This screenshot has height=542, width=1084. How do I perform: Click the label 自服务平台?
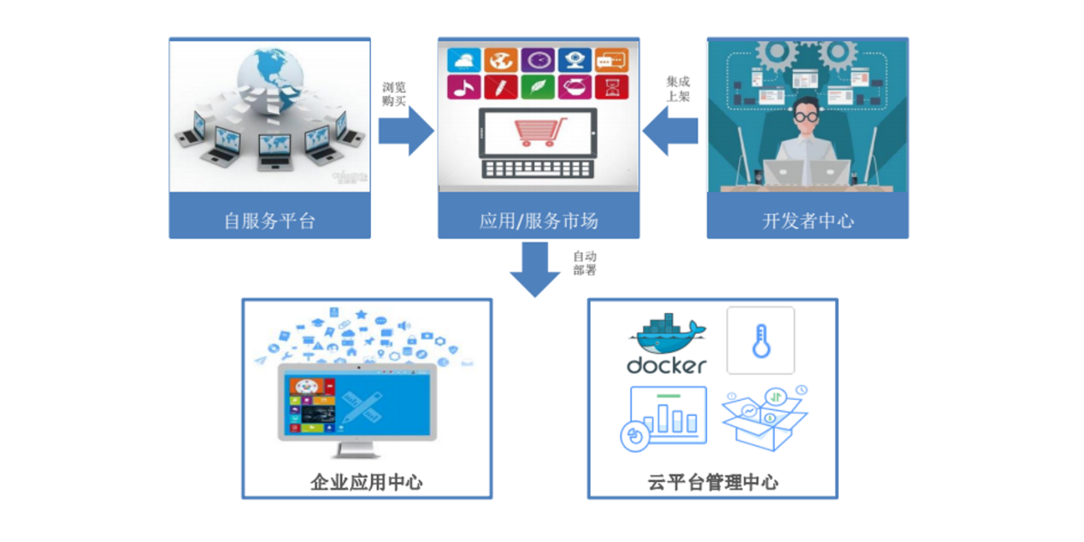(x=269, y=221)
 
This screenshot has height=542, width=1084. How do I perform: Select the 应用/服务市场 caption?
(x=539, y=221)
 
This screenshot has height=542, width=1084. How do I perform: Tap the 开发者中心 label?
(x=808, y=221)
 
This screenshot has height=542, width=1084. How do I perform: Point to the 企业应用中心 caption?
(x=366, y=482)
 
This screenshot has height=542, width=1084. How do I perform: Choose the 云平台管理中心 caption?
(x=713, y=482)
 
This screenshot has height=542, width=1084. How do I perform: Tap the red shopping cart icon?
(x=539, y=133)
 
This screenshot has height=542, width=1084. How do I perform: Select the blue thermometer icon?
(x=760, y=341)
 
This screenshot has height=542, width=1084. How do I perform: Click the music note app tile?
(x=463, y=87)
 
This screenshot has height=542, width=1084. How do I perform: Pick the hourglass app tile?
(x=611, y=87)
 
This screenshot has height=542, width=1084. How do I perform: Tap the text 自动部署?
(x=585, y=262)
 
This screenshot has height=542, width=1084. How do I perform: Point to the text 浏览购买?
(x=394, y=94)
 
